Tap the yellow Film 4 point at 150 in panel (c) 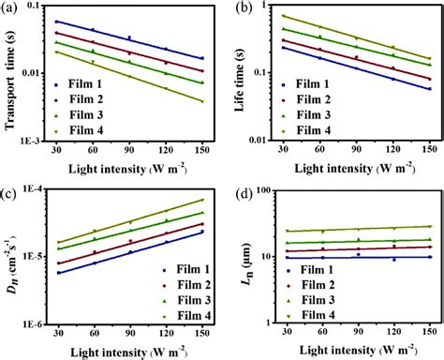[x=203, y=200]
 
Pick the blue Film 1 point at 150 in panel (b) [x=427, y=89]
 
